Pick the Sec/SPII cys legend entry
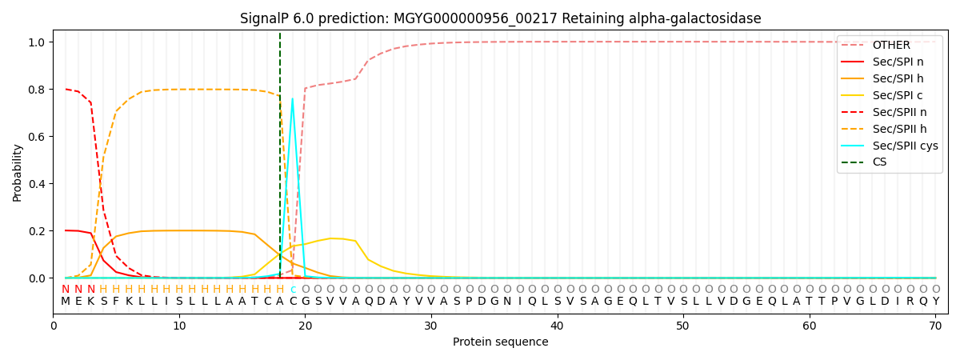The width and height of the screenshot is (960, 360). [890, 146]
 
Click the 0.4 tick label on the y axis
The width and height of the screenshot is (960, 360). [37, 184]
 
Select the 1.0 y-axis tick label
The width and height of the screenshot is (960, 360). [37, 42]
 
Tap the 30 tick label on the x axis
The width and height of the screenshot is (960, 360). [431, 326]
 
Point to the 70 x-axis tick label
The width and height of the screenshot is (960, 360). [935, 326]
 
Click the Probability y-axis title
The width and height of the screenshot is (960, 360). [17, 173]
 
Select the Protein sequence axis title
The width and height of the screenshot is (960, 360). [501, 342]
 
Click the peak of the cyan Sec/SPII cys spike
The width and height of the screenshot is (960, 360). [293, 98]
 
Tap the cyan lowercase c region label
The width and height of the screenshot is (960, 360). [293, 290]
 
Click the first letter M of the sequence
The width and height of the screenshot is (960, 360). [66, 302]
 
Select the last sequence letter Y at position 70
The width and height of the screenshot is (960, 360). [936, 302]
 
